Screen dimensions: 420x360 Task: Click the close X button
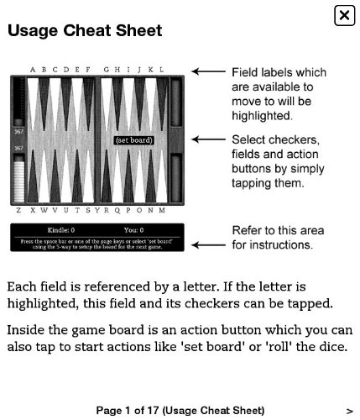point(344,15)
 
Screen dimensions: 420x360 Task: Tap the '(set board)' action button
point(133,140)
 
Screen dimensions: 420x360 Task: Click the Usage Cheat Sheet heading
point(85,30)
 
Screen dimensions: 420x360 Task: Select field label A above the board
point(32,70)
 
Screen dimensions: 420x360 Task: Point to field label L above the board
point(162,70)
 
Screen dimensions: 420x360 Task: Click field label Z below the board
point(18,210)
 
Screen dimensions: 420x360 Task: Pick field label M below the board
point(162,210)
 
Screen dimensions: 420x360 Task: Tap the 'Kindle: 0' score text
point(60,229)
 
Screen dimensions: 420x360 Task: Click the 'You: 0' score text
point(133,229)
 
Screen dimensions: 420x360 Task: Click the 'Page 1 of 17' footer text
point(180,411)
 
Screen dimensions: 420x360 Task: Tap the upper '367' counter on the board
point(18,132)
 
